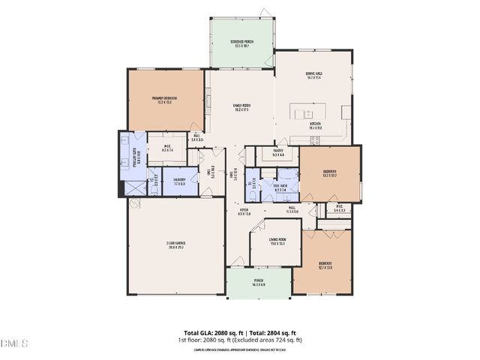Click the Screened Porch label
(241, 43)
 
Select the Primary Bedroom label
(164, 100)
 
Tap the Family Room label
(241, 107)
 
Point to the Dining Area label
(313, 75)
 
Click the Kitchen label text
(315, 125)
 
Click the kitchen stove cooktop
(346, 112)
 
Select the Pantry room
(277, 154)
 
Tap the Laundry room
(180, 181)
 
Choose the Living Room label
(276, 242)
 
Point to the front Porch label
(258, 283)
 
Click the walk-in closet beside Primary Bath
(166, 148)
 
